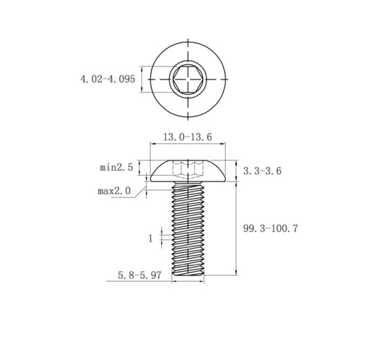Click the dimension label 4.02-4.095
(x=108, y=79)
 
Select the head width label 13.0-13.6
(x=188, y=137)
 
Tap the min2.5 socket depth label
(x=116, y=167)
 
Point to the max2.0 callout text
(x=114, y=191)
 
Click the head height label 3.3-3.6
(x=262, y=171)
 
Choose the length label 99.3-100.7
(x=271, y=228)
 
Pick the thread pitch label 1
(x=151, y=239)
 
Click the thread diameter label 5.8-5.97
(x=139, y=275)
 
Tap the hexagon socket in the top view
(x=188, y=80)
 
